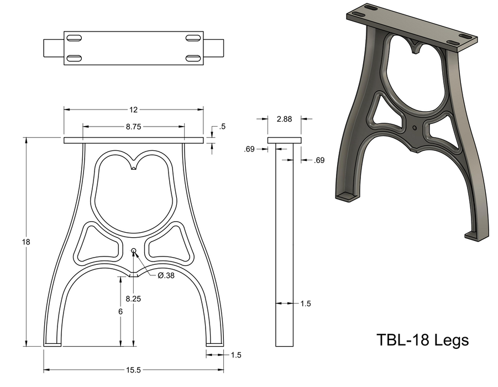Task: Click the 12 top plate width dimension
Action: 133,109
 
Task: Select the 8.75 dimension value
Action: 133,127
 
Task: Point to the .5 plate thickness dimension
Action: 222,127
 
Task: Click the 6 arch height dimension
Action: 120,311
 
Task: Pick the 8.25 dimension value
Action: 133,299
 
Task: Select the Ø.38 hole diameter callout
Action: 166,276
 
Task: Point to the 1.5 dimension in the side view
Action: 306,304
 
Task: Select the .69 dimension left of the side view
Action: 249,149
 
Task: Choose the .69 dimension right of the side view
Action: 319,160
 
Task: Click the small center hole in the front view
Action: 133,251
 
